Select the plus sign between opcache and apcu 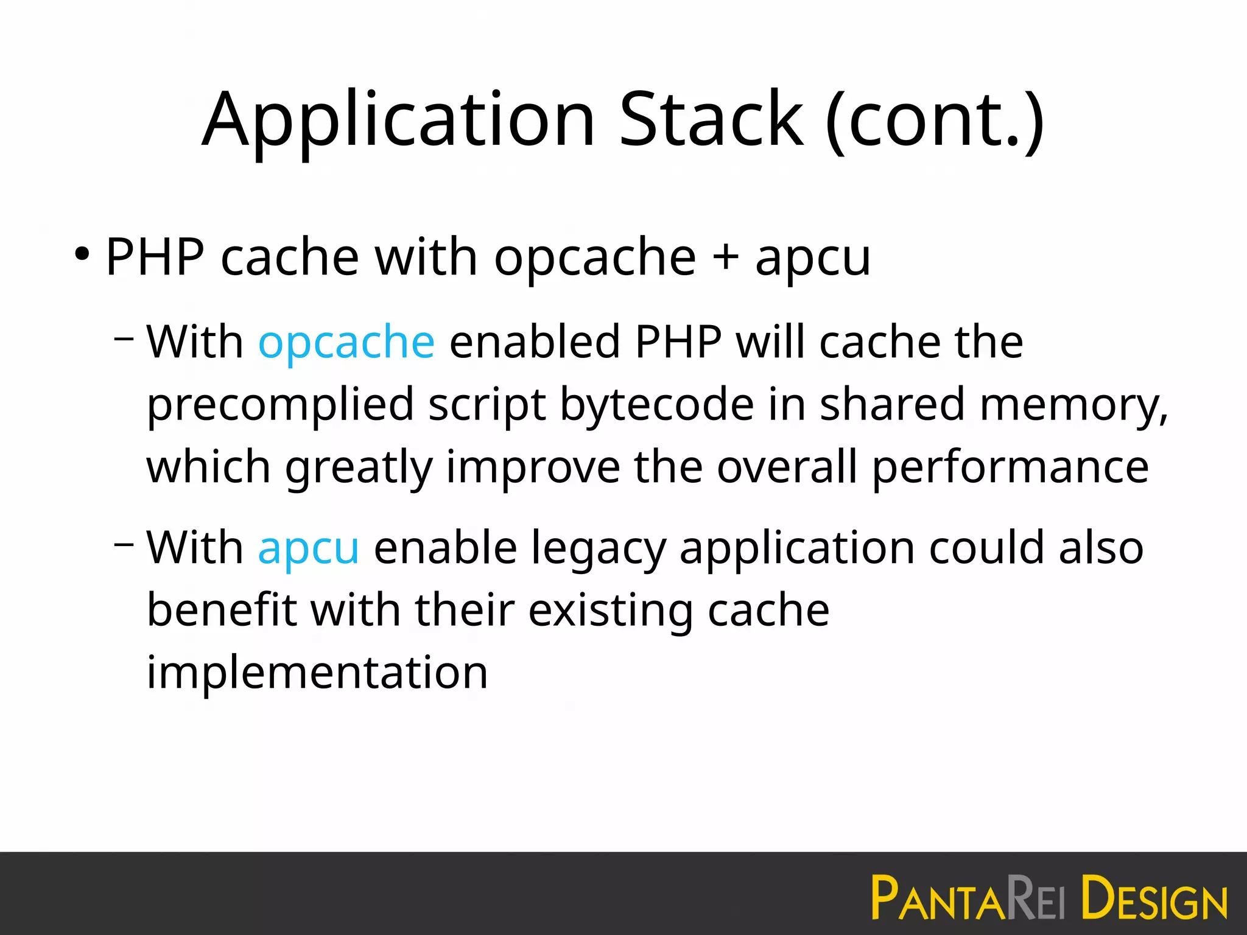click(x=725, y=257)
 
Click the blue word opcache click(x=346, y=342)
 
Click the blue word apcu click(x=308, y=548)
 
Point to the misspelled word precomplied click(x=280, y=405)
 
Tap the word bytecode click(x=657, y=405)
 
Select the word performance click(x=1011, y=467)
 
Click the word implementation click(x=317, y=673)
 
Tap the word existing click(x=610, y=611)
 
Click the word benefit click(x=222, y=610)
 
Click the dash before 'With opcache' click(x=124, y=337)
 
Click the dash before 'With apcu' click(x=124, y=543)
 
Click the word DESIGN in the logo click(x=1154, y=897)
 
